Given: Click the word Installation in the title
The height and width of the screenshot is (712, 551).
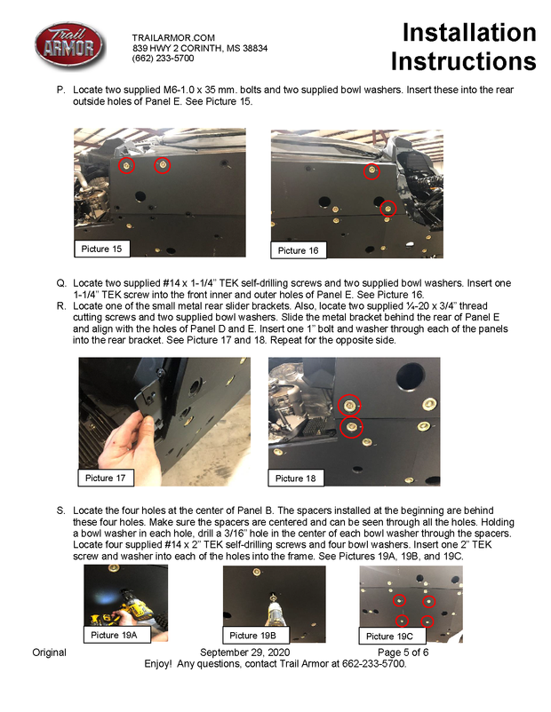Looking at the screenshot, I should [469, 33].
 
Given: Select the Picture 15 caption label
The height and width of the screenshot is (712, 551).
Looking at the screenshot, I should [101, 249].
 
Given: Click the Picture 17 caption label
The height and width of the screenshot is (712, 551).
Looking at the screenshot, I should [106, 479].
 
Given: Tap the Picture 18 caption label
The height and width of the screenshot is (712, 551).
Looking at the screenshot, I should [295, 479].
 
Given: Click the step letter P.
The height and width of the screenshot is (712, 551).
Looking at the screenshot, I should [60, 91].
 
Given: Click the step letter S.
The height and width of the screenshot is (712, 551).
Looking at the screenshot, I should [60, 510].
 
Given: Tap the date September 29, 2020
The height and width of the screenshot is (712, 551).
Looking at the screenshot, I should [263, 653].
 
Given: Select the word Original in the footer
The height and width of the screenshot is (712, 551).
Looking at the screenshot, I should [50, 653].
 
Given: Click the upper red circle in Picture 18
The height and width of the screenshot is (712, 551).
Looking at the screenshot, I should [350, 405].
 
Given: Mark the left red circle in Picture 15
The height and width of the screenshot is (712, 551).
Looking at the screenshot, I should [127, 165].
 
